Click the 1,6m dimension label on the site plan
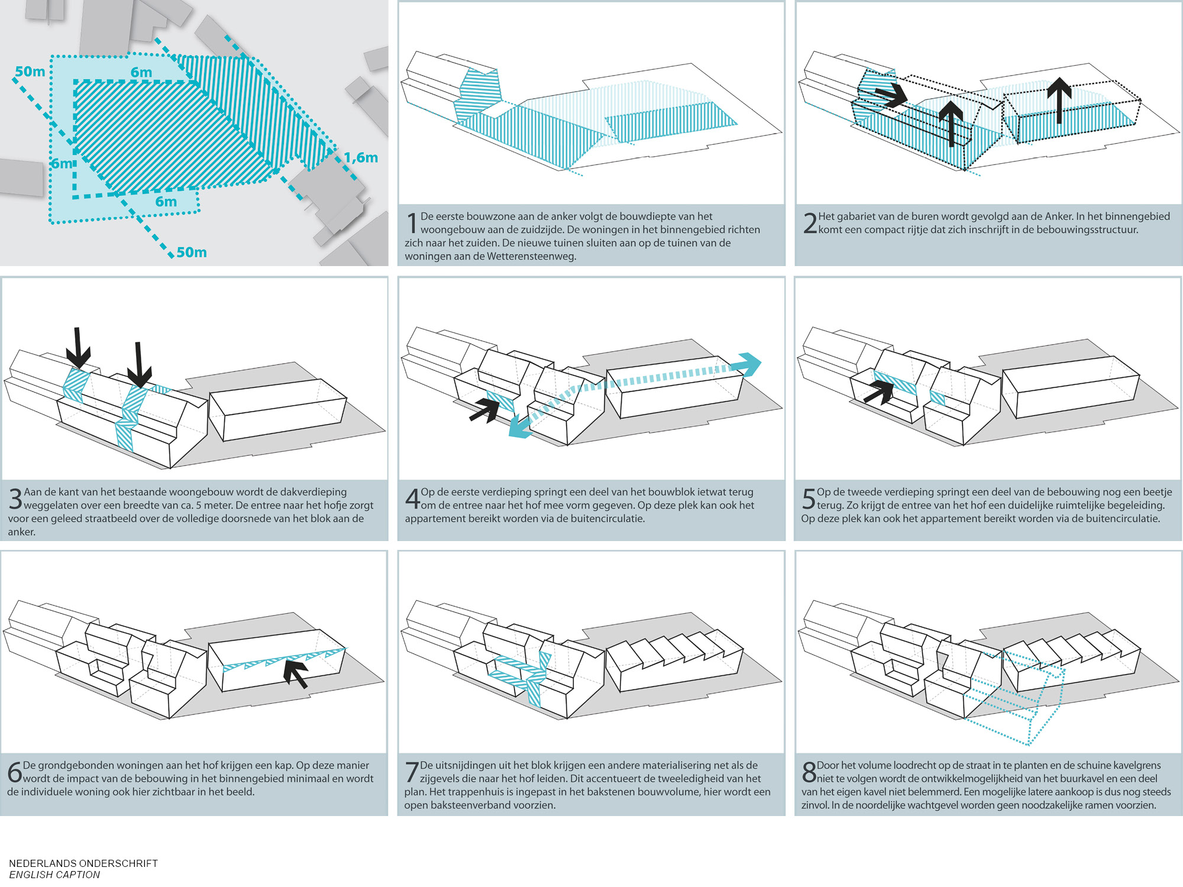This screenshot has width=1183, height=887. (361, 158)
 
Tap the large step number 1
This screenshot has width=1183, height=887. (412, 223)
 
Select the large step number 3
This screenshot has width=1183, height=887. (15, 498)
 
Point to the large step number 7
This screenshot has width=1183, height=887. (412, 772)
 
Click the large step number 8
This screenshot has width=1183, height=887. (809, 772)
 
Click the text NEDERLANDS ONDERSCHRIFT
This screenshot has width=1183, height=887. (83, 863)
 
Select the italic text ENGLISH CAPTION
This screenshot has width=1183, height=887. (54, 875)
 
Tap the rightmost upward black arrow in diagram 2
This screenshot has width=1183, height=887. (1059, 99)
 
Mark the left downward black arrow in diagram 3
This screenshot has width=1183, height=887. (77, 348)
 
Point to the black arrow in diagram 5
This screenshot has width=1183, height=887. (879, 391)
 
